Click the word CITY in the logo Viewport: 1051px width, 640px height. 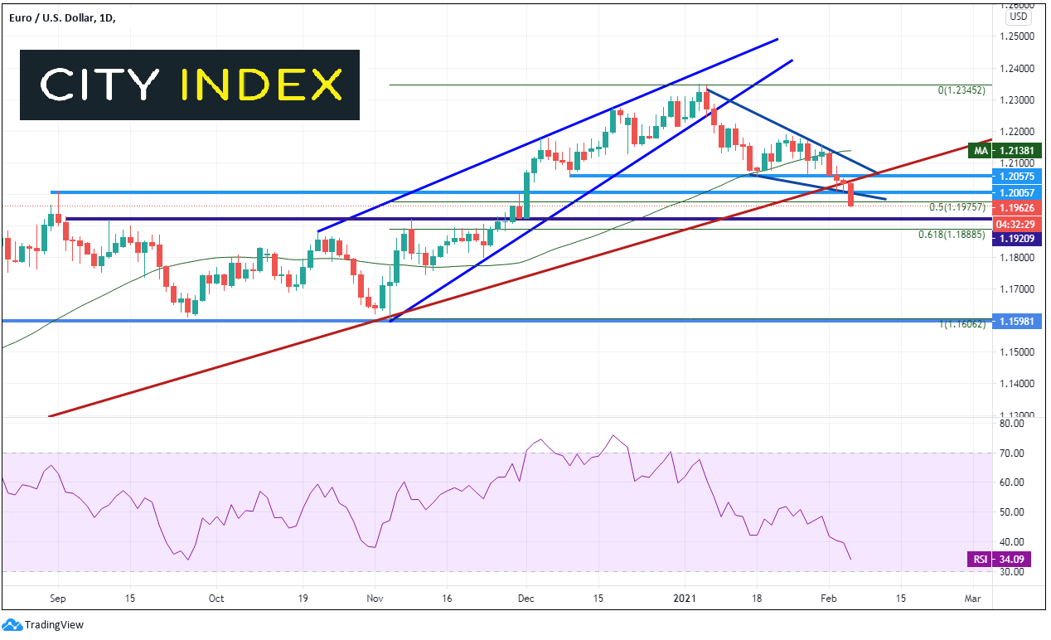[100, 85]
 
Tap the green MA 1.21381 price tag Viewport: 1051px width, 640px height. [1005, 151]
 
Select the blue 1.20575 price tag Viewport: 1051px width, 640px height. [1017, 177]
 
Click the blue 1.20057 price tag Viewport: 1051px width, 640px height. [1017, 192]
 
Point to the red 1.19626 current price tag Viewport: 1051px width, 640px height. [1017, 208]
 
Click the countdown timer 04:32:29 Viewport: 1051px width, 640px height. [1017, 224]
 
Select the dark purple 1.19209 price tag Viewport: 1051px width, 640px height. [1017, 239]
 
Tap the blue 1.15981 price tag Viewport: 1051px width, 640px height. [1017, 322]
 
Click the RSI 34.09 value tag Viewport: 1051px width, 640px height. [999, 560]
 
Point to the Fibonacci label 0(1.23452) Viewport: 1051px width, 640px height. [961, 90]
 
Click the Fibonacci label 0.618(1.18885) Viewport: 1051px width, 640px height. [952, 235]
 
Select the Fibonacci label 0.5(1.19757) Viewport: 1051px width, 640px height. [957, 207]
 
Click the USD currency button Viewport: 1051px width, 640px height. [1018, 17]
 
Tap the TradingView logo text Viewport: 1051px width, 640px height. [54, 625]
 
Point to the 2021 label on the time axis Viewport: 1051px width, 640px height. [685, 599]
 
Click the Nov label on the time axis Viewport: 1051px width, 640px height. [375, 599]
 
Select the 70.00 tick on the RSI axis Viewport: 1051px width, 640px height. [1012, 453]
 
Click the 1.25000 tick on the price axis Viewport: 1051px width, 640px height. [1017, 36]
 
